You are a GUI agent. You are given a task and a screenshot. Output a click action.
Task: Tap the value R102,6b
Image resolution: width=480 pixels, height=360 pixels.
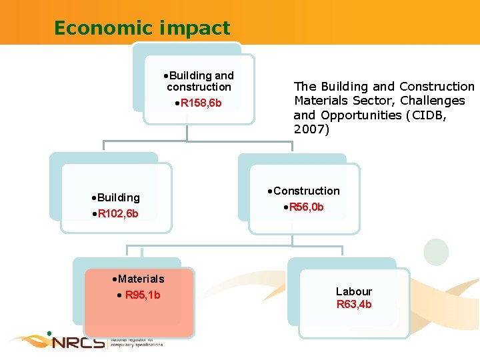point(118,214)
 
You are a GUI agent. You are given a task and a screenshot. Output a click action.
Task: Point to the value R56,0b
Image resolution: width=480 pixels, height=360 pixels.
point(306,207)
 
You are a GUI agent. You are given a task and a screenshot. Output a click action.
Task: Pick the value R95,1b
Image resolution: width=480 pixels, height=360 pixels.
point(143,295)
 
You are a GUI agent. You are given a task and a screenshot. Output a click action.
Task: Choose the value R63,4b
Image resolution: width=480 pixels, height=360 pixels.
point(354,305)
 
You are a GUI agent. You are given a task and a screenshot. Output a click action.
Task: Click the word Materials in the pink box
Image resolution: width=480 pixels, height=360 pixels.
point(141,279)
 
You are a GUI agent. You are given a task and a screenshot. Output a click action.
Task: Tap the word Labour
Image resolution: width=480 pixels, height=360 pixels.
point(354,291)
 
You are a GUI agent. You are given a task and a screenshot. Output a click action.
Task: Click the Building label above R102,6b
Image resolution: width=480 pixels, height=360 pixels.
point(119,197)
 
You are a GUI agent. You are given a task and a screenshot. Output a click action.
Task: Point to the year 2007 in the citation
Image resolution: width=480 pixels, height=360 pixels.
point(310,129)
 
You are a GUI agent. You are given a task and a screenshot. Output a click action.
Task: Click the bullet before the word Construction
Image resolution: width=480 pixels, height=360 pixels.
point(269,191)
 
